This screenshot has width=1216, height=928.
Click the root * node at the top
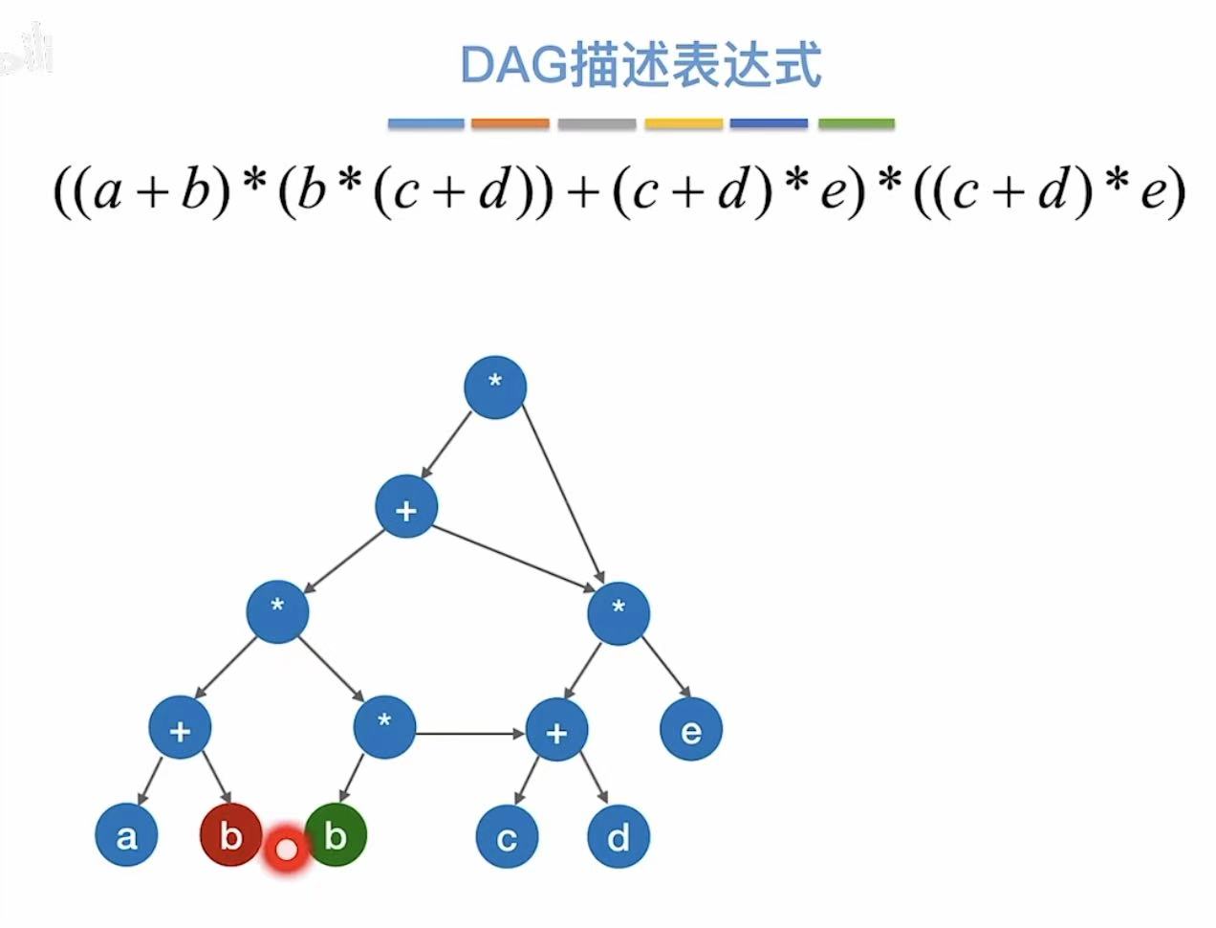click(x=495, y=386)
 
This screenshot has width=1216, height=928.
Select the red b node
click(x=229, y=835)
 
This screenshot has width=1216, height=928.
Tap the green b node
click(x=336, y=835)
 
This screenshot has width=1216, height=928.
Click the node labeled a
click(x=126, y=835)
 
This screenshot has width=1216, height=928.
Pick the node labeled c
click(x=507, y=837)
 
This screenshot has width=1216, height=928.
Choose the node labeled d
click(x=619, y=837)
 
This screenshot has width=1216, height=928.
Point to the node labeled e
click(x=691, y=731)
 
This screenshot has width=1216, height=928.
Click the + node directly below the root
click(x=406, y=508)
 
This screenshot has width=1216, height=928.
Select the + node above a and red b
click(x=180, y=730)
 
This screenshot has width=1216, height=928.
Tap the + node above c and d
click(x=556, y=732)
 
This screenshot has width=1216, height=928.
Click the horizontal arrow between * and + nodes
click(x=470, y=734)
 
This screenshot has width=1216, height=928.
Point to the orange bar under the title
click(x=510, y=123)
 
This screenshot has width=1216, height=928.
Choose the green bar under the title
click(x=857, y=123)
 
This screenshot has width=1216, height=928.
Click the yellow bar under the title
click(x=684, y=123)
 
